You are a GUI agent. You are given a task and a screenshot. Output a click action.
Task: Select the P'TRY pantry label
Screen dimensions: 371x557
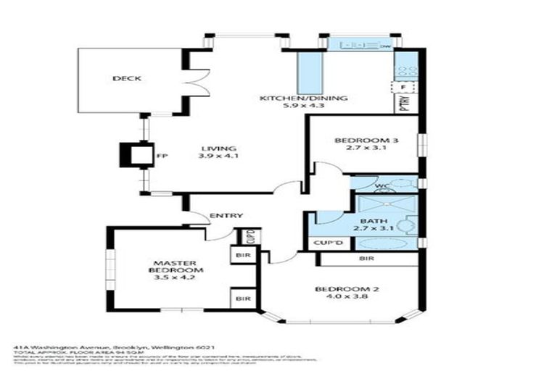(x=405, y=105)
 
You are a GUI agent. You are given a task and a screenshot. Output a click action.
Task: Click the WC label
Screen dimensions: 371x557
(x=381, y=186)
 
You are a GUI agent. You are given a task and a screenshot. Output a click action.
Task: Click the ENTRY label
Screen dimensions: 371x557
(x=226, y=215)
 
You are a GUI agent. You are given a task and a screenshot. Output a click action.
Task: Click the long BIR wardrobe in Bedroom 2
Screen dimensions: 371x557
(x=366, y=259)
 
